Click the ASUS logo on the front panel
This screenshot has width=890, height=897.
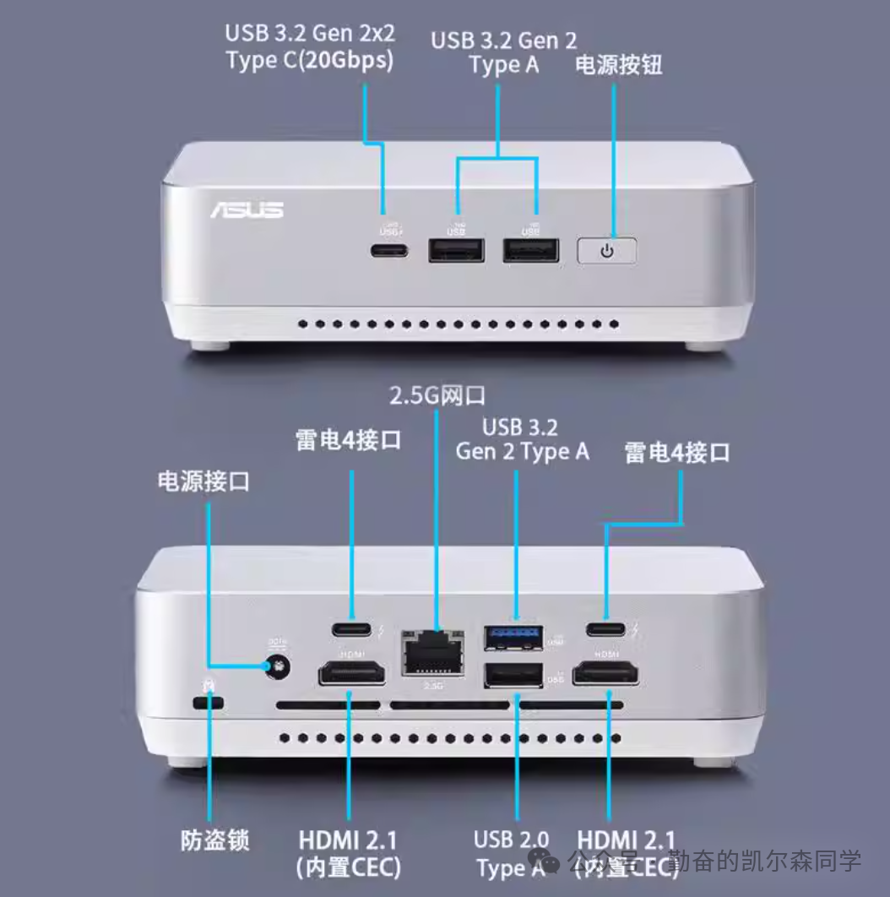247,209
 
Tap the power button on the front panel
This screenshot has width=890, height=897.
606,251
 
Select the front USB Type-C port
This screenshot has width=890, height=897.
388,250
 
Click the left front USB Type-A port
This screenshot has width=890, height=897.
456,250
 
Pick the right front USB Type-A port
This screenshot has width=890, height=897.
531,250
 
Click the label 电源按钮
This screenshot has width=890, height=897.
618,65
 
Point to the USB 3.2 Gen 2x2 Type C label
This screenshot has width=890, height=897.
309,47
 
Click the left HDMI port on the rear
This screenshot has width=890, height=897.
352,674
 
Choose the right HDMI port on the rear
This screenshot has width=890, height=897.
605,674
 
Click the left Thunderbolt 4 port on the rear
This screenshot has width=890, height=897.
352,629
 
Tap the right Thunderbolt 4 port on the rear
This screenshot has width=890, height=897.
605,629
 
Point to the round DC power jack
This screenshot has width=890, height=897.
274,667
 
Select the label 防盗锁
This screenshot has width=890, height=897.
215,840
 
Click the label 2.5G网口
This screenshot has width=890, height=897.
437,395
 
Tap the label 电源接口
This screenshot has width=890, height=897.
204,481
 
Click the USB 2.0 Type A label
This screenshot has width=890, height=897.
511,853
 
